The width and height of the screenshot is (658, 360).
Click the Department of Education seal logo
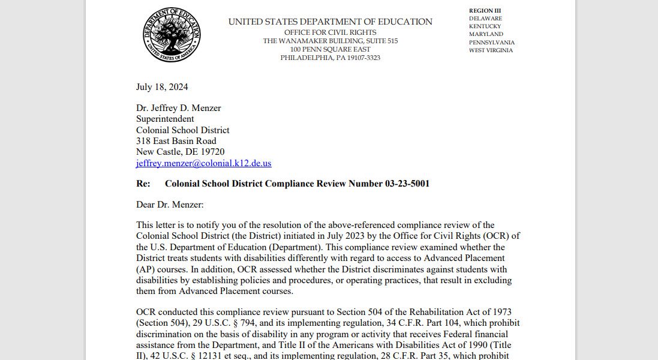tap(171, 35)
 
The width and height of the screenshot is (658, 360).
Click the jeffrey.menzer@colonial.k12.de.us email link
tap(203, 163)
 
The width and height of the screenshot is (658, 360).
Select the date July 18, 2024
tap(162, 87)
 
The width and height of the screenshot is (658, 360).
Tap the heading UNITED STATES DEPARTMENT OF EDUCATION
tap(330, 22)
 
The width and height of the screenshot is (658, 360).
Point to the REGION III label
tap(485, 11)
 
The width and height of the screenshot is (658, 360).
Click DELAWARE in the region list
tap(485, 19)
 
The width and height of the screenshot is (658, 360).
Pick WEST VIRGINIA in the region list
tap(491, 50)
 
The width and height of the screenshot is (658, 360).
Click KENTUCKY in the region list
tap(485, 26)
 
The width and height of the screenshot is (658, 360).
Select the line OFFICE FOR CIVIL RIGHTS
tap(330, 32)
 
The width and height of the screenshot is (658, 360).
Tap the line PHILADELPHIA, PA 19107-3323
tap(330, 58)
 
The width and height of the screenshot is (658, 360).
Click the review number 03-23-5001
tap(407, 184)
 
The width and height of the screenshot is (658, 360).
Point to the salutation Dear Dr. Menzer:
tap(170, 205)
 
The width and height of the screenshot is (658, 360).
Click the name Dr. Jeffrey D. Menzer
tap(178, 108)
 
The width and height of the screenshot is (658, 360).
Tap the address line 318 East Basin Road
tap(176, 141)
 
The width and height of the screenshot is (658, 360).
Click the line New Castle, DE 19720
tap(180, 152)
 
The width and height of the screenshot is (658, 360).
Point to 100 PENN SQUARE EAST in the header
tap(330, 49)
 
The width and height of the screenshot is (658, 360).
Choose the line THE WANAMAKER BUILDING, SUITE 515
tap(330, 41)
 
